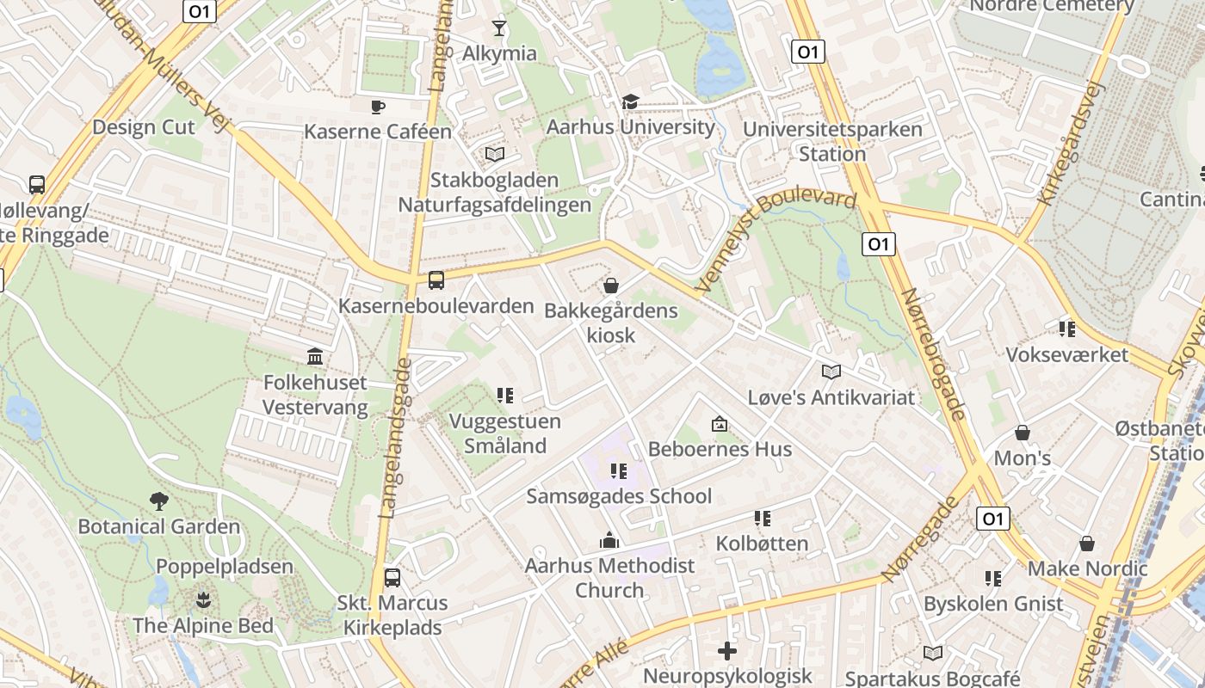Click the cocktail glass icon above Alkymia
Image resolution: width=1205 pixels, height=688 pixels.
click(498, 28)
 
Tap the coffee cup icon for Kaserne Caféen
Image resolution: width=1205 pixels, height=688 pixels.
click(377, 107)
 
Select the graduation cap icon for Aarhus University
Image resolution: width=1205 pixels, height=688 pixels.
click(631, 102)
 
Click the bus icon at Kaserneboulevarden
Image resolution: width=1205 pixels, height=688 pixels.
click(436, 280)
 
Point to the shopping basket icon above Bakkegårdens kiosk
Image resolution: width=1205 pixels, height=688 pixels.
click(611, 286)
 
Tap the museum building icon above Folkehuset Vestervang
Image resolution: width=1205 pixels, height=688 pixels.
click(315, 357)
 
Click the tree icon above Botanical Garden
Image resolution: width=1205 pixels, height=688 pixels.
click(158, 501)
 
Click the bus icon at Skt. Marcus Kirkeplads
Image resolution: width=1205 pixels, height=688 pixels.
click(392, 577)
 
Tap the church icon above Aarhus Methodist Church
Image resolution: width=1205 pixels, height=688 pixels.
click(609, 541)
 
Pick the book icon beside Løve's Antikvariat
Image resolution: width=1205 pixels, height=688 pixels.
click(831, 372)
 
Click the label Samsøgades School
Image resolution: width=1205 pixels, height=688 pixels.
click(619, 496)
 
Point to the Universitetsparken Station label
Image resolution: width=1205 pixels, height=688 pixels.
click(832, 142)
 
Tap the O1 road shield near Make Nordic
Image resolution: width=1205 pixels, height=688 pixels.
click(993, 519)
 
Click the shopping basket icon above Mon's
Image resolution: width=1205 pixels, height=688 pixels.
click(1023, 433)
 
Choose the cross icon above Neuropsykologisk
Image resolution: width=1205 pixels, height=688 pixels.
click(727, 651)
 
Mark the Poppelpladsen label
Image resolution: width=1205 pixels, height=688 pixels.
click(225, 567)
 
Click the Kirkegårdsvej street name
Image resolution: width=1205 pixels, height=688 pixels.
click(1071, 144)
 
